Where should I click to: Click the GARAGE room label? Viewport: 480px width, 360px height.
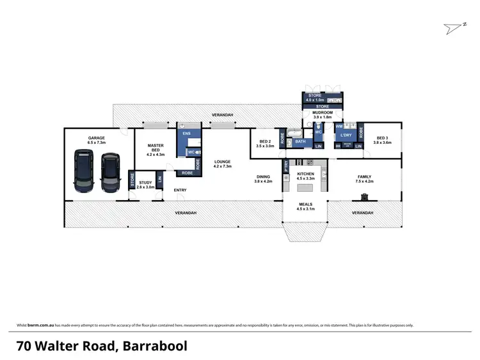(96, 138)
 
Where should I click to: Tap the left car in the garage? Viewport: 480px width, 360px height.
(83, 171)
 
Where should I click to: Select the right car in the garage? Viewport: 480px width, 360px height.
(110, 171)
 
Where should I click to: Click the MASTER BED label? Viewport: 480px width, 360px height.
(156, 147)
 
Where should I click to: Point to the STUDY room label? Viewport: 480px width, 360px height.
(146, 184)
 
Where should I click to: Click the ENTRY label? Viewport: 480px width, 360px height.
(180, 190)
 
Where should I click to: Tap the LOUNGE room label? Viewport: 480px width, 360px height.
(222, 162)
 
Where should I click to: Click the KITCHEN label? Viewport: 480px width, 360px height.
(305, 175)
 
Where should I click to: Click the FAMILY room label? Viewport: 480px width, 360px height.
(365, 177)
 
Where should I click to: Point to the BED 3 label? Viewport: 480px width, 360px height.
(383, 138)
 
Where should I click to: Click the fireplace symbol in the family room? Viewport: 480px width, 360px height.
(365, 196)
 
